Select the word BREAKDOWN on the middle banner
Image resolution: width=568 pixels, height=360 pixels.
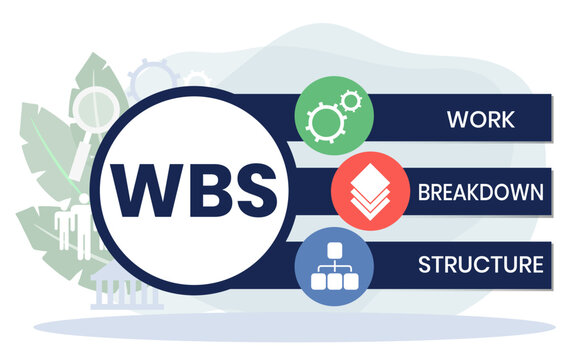point(481,192)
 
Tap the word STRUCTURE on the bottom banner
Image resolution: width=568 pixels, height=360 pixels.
point(481,265)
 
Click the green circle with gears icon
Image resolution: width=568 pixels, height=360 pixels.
point(334,118)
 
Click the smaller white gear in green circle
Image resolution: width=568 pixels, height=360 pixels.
point(347,103)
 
